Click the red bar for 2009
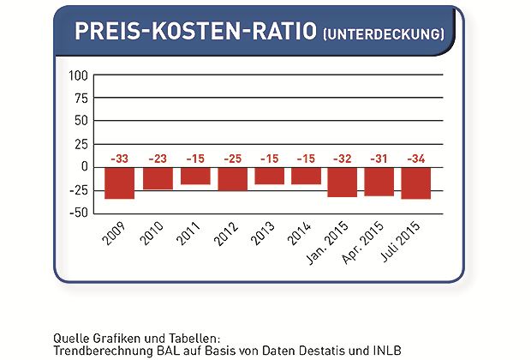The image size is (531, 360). (x=119, y=183)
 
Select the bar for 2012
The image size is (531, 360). (x=233, y=179)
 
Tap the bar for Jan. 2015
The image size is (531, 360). (x=343, y=182)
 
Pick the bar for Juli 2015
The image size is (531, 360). (x=415, y=183)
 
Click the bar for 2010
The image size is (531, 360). (x=157, y=178)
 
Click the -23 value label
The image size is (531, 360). (x=157, y=158)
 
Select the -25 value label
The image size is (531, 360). (x=233, y=158)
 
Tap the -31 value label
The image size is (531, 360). (x=379, y=158)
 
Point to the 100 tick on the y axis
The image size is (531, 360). (x=79, y=75)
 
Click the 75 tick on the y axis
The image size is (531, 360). (x=81, y=98)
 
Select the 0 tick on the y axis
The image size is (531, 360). (x=85, y=166)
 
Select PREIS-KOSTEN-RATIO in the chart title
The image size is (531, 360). (x=196, y=32)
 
